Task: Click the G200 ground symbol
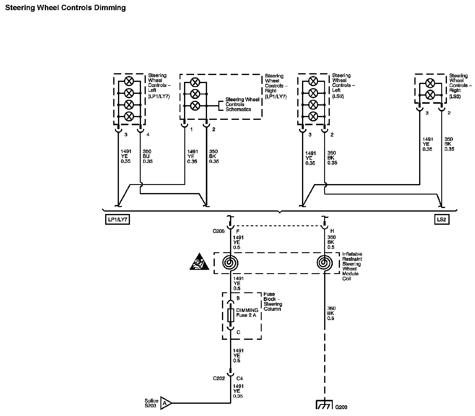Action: pos(324,406)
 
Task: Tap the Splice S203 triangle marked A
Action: pos(166,403)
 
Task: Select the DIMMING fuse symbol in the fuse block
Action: pos(230,315)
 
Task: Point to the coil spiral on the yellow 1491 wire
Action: pos(230,263)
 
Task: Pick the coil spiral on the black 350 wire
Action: pos(324,263)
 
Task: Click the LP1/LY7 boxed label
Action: pos(117,220)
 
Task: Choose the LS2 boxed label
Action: pos(441,220)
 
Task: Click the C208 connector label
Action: pos(219,231)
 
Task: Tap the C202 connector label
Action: pos(219,378)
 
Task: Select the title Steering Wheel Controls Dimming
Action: pos(65,8)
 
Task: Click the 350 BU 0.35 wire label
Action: pos(148,156)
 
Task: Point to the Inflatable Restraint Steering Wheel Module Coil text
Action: pos(352,266)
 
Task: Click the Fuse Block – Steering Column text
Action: pos(272,302)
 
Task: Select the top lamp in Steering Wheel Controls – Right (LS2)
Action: pos(430,83)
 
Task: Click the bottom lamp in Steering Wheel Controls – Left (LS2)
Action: pos(313,116)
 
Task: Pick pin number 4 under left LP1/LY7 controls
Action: pos(148,135)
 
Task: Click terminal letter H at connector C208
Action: pos(332,231)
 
